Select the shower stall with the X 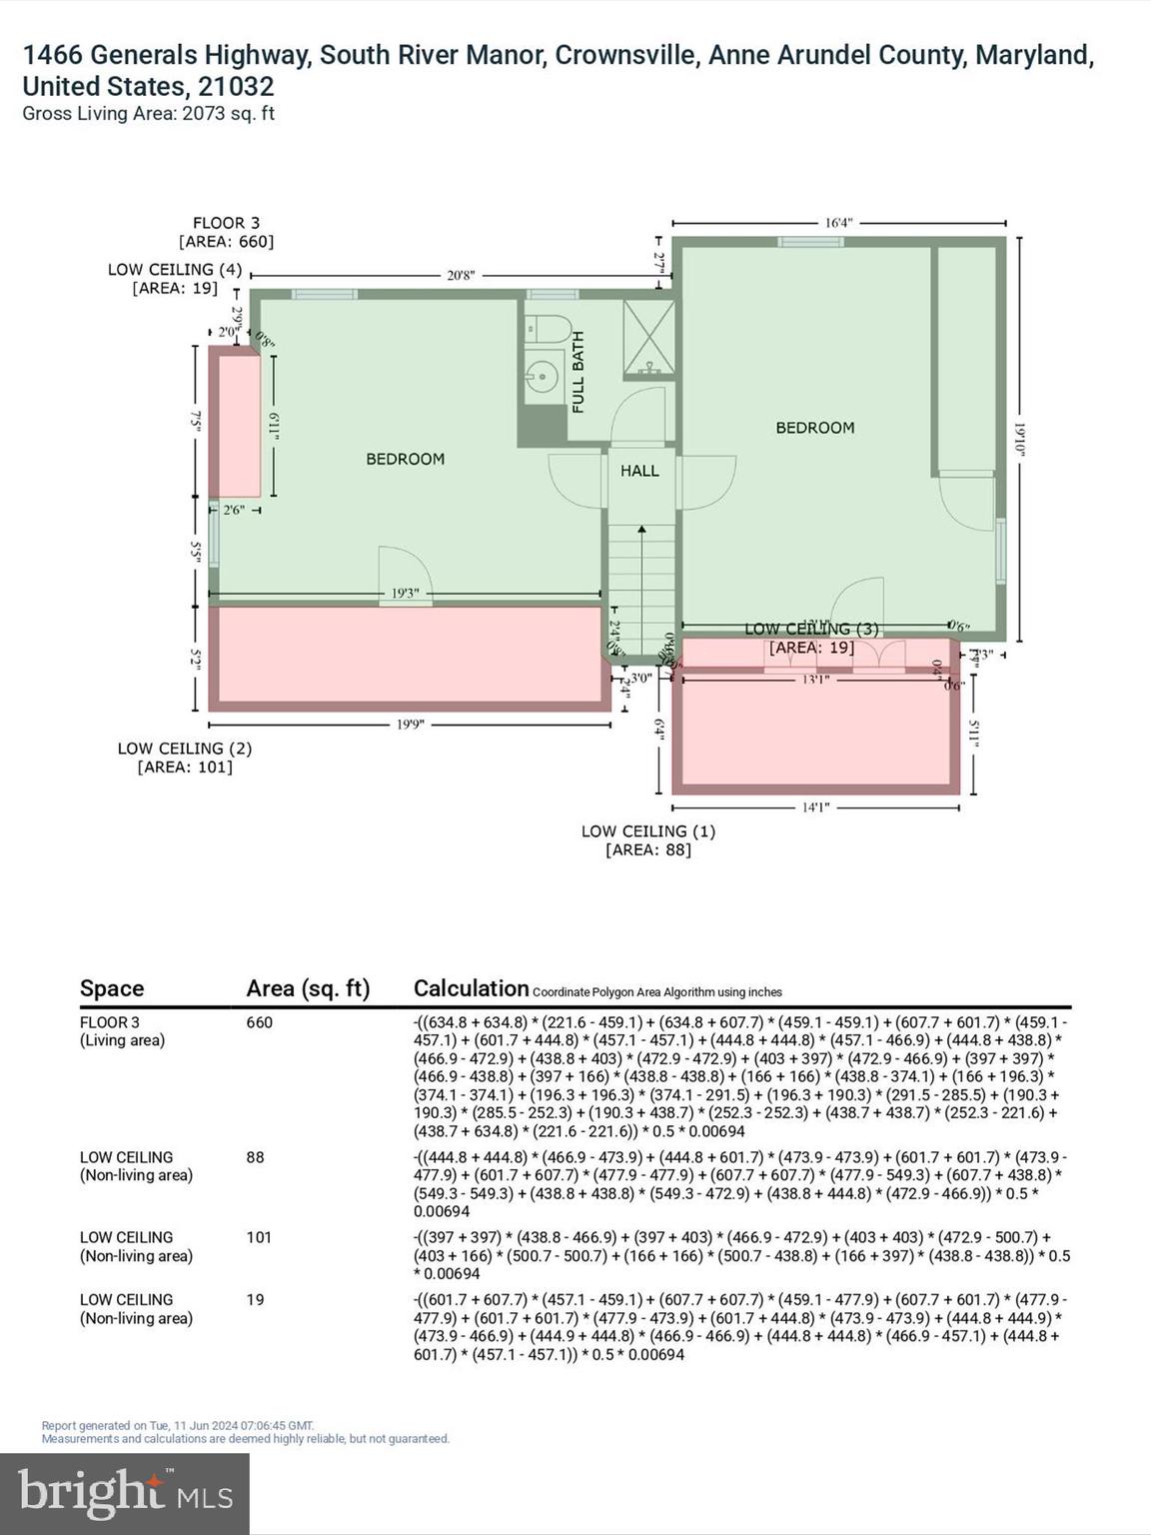tap(648, 339)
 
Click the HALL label tap(639, 471)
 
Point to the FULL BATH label tap(578, 373)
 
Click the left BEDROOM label tap(405, 459)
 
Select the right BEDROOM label tap(814, 428)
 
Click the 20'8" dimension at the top tap(461, 275)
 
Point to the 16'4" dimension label tap(838, 223)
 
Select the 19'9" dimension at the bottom tap(410, 725)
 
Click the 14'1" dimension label tap(815, 807)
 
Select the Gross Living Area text tap(148, 114)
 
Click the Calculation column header tap(471, 988)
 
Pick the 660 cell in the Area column tap(259, 1022)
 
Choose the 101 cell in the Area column tap(259, 1237)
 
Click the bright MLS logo tap(125, 1494)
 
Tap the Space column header tap(112, 988)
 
